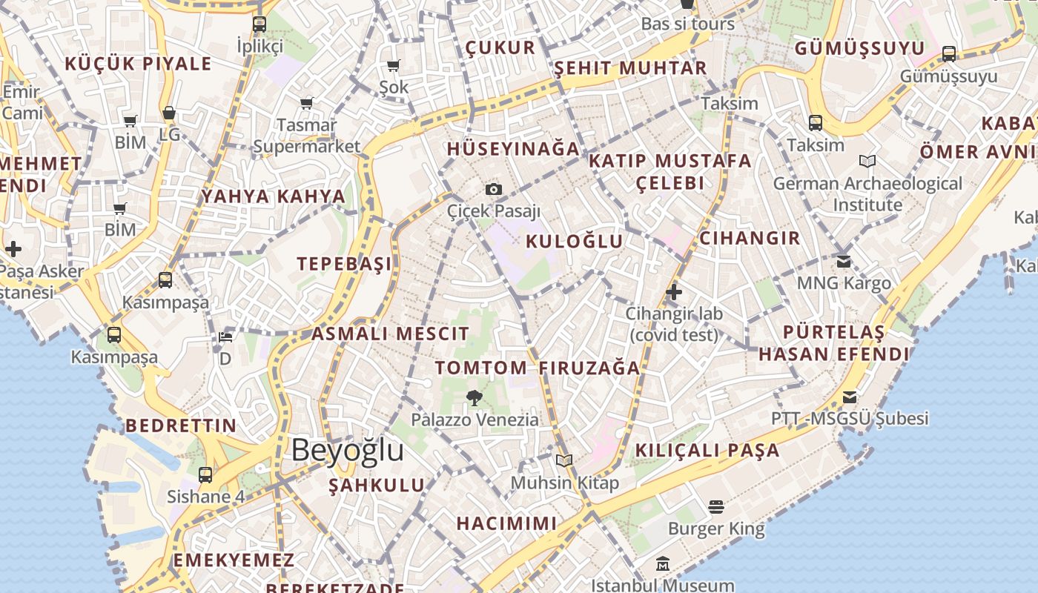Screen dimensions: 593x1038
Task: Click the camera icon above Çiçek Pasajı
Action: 494,190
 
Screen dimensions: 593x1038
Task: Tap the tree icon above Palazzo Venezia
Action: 475,398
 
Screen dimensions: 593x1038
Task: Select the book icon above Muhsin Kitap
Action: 564,460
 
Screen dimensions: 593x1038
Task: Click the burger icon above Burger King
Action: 715,506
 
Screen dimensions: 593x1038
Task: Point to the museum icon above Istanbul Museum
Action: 663,564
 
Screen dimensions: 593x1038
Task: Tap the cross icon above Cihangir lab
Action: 673,292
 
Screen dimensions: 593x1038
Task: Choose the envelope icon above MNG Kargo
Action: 844,262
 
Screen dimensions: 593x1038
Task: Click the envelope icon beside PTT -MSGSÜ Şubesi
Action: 850,397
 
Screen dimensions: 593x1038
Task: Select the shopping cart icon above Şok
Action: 394,66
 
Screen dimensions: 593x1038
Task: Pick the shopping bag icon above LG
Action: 169,113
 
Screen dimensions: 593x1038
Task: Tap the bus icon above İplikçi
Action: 259,24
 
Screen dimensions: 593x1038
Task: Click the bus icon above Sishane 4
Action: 205,475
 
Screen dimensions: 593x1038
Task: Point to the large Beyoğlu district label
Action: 348,450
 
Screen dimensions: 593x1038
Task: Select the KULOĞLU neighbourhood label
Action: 575,241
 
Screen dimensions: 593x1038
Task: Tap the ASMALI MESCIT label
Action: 390,334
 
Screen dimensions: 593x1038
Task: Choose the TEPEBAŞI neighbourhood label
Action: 344,264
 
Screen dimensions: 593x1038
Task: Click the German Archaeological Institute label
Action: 867,193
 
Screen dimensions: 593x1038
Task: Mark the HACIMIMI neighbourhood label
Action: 506,523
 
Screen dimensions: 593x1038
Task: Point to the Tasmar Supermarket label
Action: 307,136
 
